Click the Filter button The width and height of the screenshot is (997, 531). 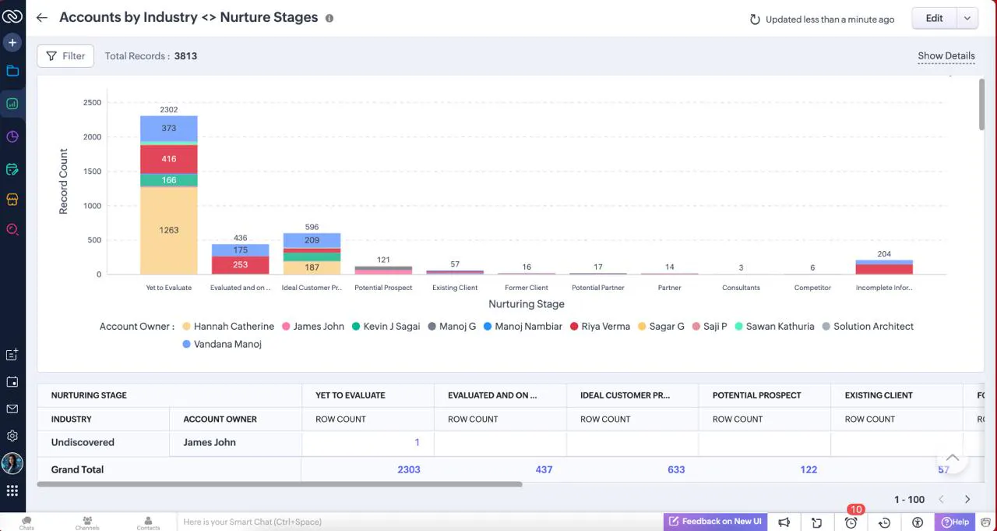(65, 56)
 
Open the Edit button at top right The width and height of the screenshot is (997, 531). (934, 18)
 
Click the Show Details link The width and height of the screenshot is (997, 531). (946, 55)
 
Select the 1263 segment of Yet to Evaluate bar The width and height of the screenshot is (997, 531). (169, 230)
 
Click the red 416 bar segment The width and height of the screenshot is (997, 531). (169, 159)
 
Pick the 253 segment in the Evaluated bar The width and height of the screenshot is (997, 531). (241, 265)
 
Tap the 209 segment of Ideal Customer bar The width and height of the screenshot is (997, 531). (312, 241)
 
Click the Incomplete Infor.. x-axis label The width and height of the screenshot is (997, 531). (884, 288)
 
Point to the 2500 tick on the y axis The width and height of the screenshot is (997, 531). (92, 102)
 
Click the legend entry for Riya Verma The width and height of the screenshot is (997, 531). (600, 327)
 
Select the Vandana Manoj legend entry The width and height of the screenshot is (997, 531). (222, 345)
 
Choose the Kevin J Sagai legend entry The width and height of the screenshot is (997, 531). (386, 327)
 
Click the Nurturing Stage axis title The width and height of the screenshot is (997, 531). (526, 304)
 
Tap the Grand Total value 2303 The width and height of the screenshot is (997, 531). (409, 469)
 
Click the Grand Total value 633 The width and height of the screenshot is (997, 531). (676, 469)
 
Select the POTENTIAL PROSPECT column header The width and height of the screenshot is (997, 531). (756, 395)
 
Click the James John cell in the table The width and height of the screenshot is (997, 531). (210, 442)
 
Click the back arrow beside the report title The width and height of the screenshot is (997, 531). (42, 18)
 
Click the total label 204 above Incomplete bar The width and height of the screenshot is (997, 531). (884, 254)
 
